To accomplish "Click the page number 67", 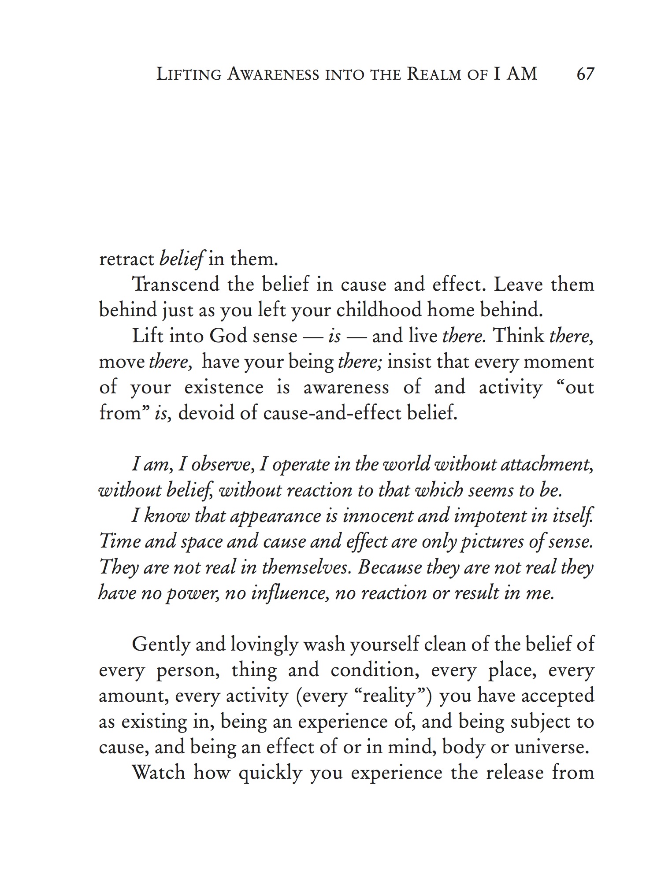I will point(585,74).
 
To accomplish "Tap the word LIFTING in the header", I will point(189,74).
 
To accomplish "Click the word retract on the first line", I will point(126,259).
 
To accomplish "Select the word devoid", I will point(203,414).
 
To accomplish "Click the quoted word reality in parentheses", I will point(388,696).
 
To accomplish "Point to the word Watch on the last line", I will point(159,774).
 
